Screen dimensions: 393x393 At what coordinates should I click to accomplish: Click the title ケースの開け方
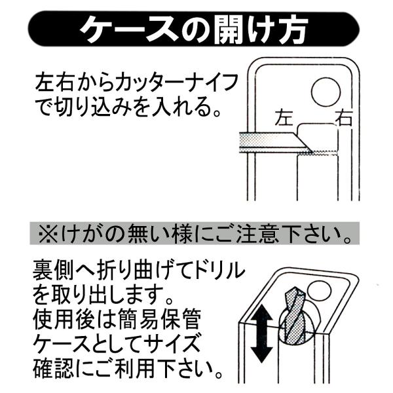tap(193, 29)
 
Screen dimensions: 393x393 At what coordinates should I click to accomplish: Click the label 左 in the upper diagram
tap(284, 117)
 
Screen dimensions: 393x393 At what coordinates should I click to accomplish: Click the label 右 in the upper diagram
tap(344, 117)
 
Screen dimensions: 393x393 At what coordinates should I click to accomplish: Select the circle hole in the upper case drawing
tap(326, 92)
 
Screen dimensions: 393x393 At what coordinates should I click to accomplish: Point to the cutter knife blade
tap(276, 142)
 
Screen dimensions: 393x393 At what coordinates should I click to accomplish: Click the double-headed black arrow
tap(261, 333)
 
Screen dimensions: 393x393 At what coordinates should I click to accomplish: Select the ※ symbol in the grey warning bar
tap(48, 234)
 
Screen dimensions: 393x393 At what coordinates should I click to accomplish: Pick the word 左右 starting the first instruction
tap(54, 83)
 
